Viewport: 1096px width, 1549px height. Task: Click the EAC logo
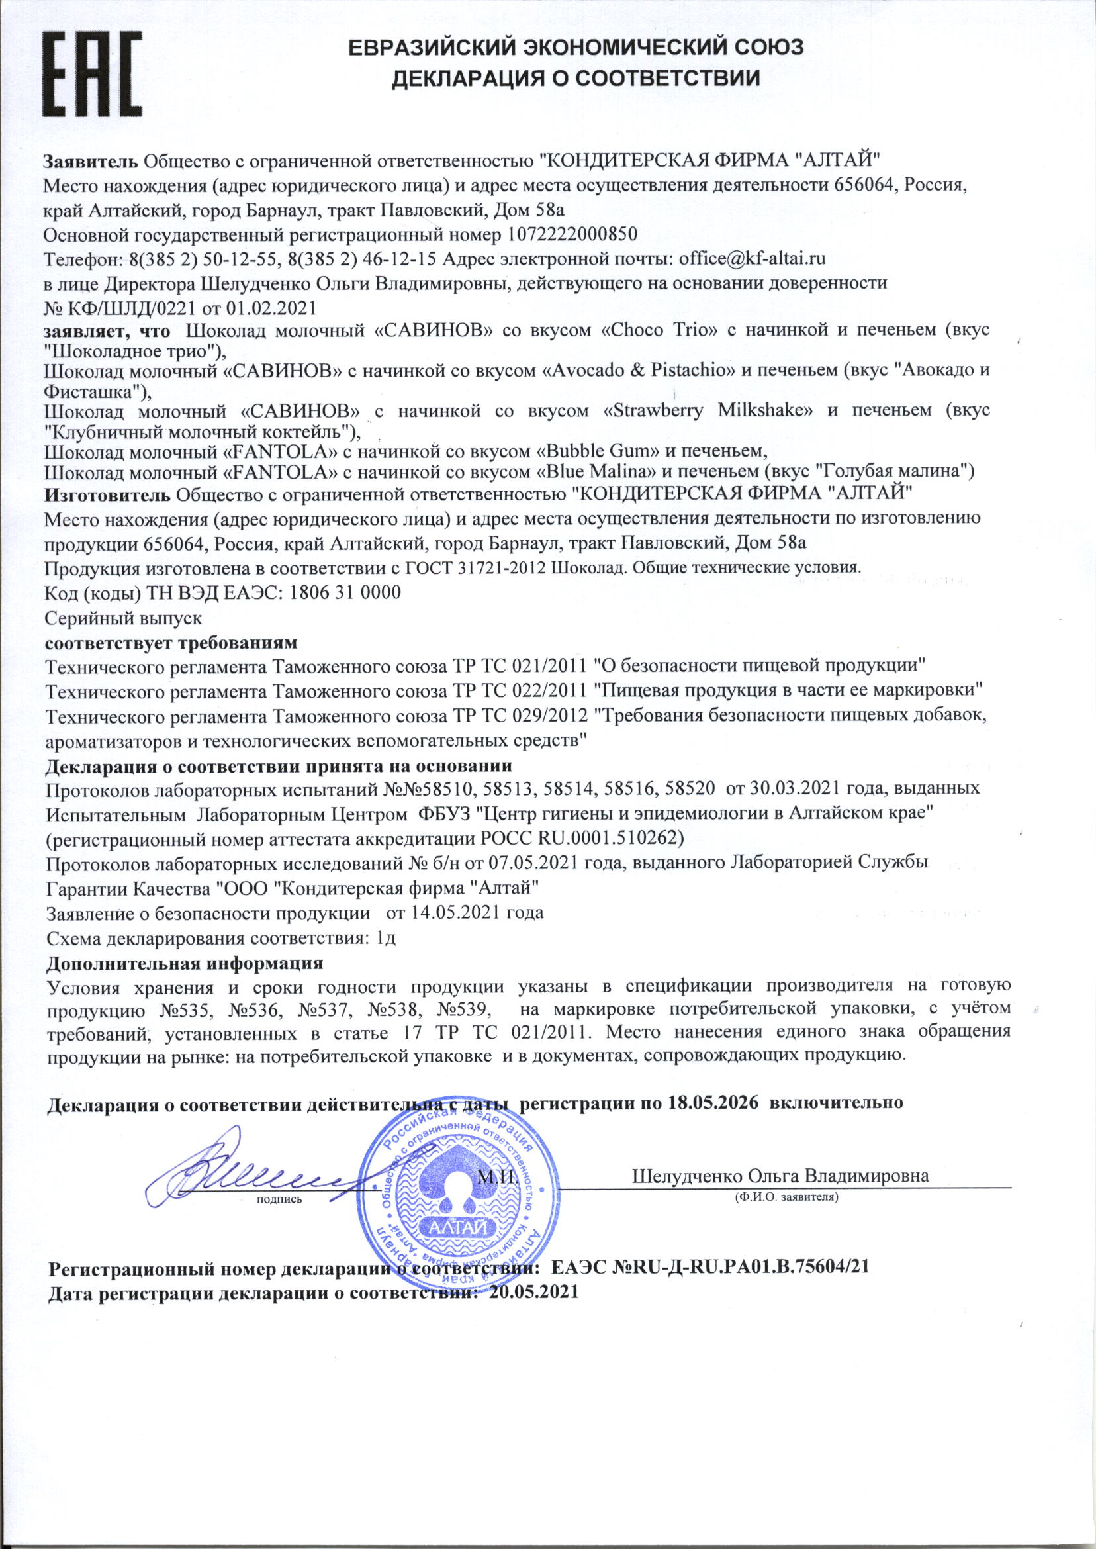[x=93, y=75]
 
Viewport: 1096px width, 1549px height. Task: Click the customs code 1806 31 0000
[x=345, y=592]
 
